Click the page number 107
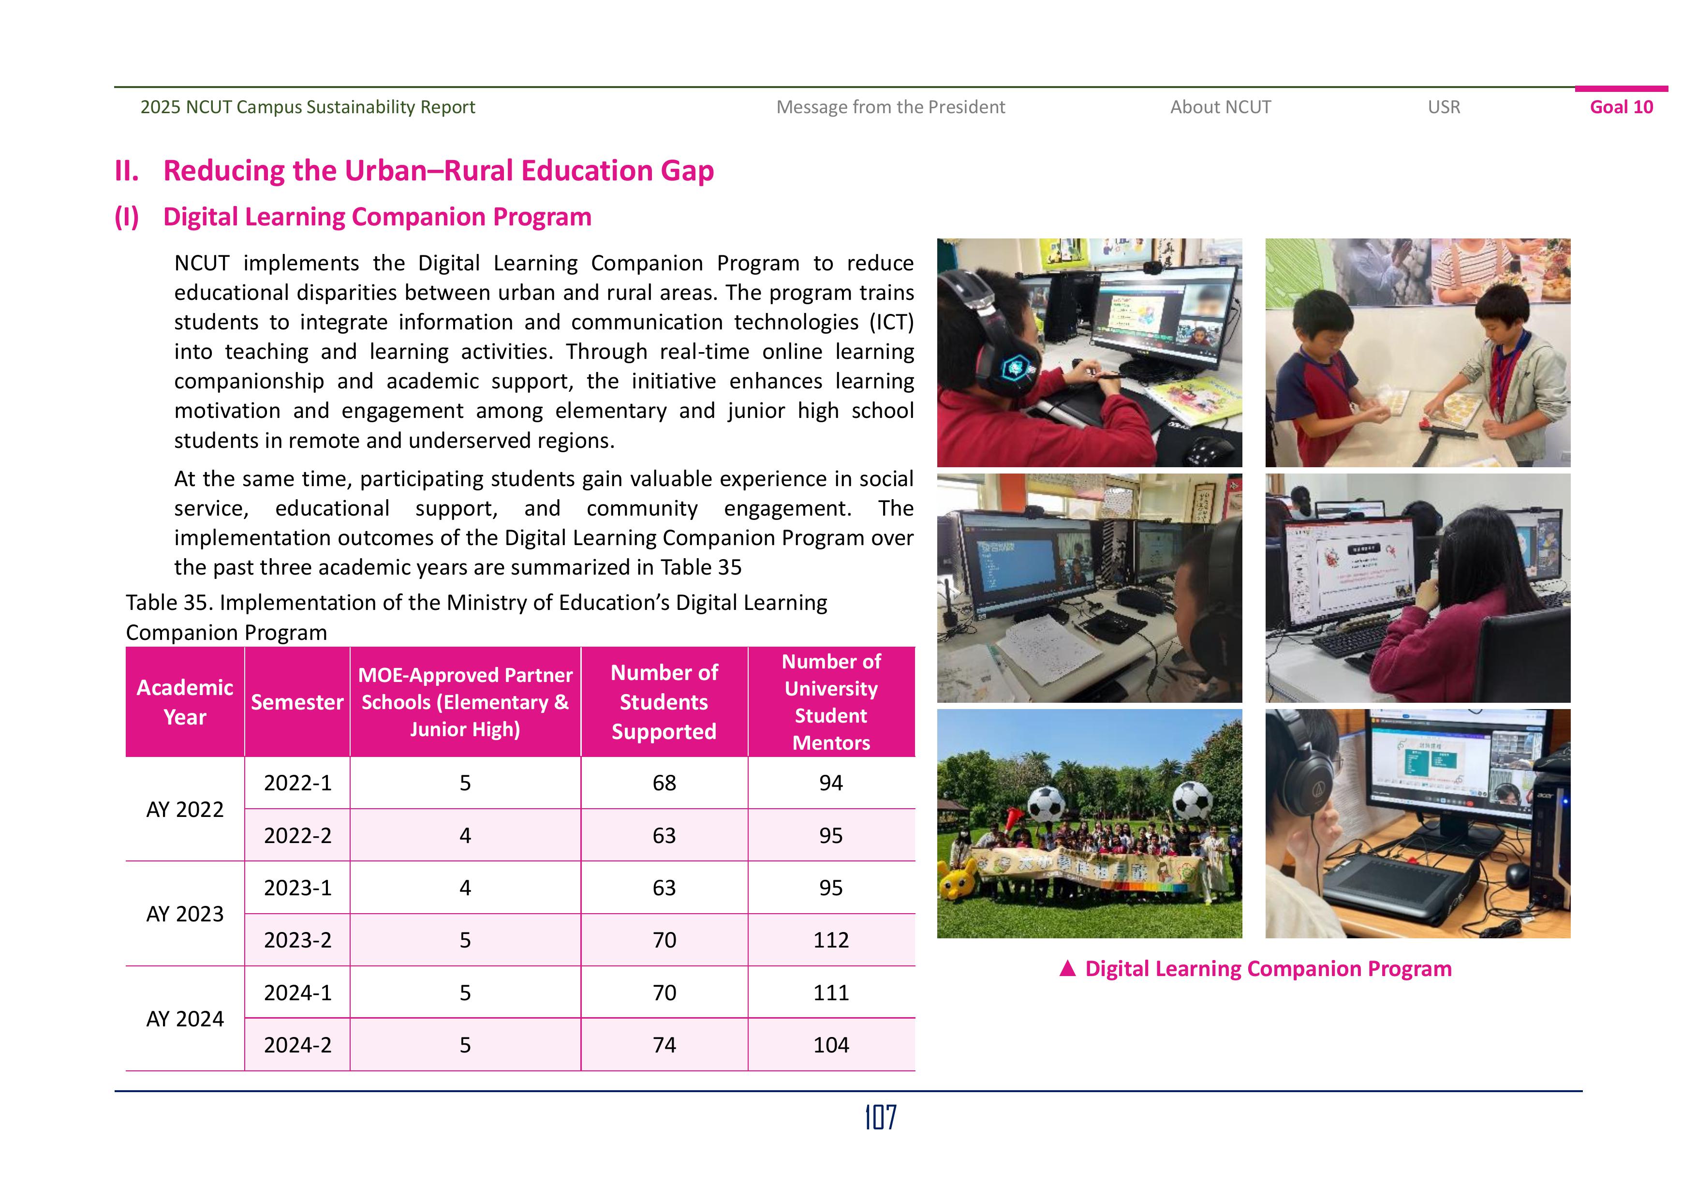coord(880,1117)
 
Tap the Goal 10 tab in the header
coord(1621,107)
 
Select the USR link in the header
coord(1444,107)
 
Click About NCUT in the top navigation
coord(1220,107)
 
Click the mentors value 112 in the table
coord(831,940)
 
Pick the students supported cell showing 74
coord(664,1045)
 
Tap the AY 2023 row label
coord(185,914)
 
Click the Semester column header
coord(297,702)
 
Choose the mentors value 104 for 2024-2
coord(831,1045)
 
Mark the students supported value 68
coord(664,783)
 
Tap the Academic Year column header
coord(185,702)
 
